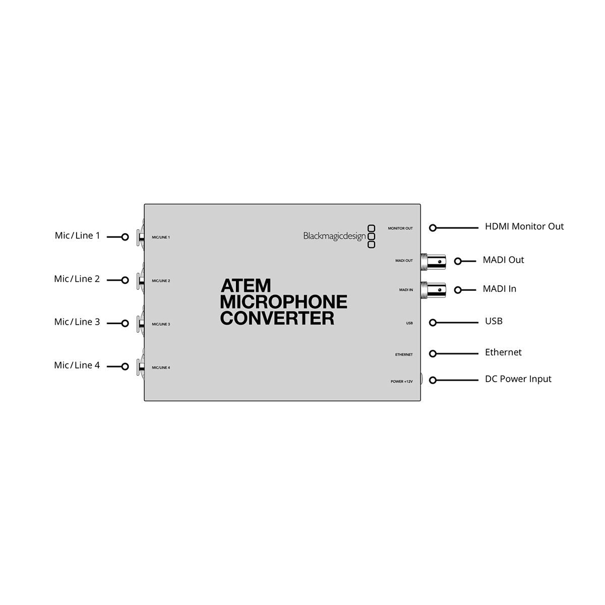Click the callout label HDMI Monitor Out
524,226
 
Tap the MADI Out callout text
503,260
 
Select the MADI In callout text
499,289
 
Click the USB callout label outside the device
494,321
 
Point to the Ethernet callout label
503,352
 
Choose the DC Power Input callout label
518,379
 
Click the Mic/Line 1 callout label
77,235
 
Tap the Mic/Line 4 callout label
77,365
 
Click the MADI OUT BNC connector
433,262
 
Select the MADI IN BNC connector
433,290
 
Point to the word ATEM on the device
246,286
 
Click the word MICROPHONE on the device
283,301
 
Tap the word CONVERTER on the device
277,318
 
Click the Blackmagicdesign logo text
334,236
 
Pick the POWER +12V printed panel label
401,382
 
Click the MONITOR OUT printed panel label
400,228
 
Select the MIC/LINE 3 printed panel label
161,324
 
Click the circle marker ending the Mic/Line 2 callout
125,280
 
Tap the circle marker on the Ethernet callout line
433,354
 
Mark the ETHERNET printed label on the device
404,354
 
